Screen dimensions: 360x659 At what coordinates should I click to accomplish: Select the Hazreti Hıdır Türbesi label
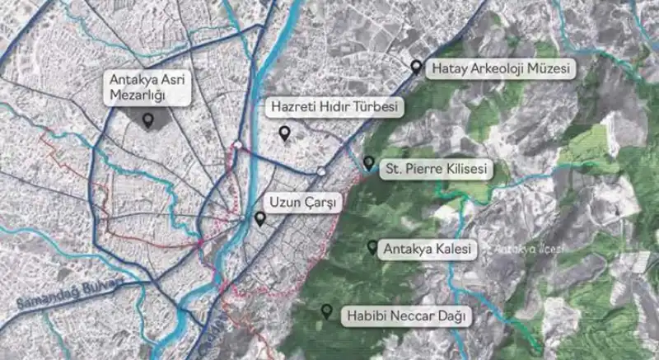(x=334, y=108)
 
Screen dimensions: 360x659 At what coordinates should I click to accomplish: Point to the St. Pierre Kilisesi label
(x=436, y=170)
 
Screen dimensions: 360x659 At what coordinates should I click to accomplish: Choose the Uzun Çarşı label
(x=301, y=203)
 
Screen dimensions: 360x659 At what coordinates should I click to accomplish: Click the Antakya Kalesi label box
(x=426, y=249)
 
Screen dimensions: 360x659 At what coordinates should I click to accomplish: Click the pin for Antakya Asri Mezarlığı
(x=148, y=121)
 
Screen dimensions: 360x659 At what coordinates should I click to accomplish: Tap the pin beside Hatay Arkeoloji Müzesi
(x=417, y=67)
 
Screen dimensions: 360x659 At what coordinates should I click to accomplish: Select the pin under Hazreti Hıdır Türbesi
(x=284, y=132)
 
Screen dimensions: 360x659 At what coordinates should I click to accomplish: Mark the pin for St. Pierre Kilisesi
(x=368, y=163)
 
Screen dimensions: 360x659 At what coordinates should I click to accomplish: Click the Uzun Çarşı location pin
(x=260, y=218)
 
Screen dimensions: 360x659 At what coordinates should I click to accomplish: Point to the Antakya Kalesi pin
(x=372, y=246)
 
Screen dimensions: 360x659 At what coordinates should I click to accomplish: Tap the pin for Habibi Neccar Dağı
(x=327, y=311)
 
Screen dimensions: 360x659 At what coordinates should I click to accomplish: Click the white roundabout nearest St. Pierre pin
(x=322, y=171)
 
